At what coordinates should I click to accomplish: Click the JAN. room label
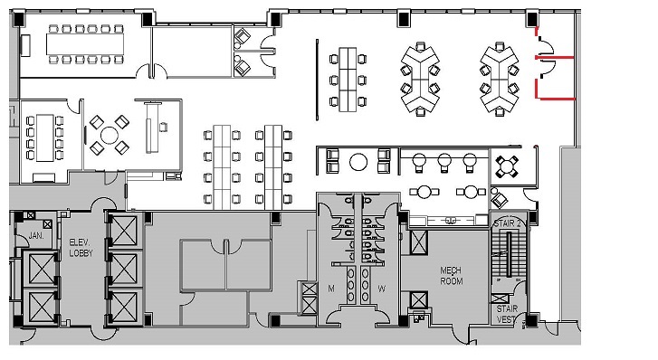point(36,234)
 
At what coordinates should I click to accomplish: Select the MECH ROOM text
point(452,276)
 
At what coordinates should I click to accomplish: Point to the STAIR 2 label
point(508,222)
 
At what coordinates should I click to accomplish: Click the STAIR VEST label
point(507,313)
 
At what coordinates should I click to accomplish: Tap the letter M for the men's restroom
point(330,289)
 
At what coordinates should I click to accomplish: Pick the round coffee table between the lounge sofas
point(358,162)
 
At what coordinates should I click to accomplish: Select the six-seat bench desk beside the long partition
point(349,80)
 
